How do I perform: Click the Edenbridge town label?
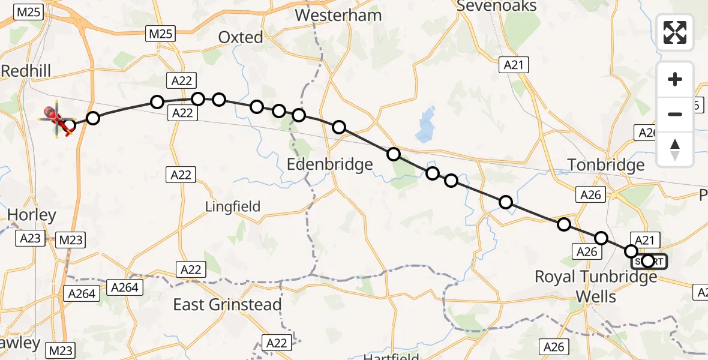click(x=330, y=164)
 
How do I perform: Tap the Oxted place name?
click(x=241, y=37)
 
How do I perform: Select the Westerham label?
click(x=338, y=15)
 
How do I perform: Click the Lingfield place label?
click(x=233, y=207)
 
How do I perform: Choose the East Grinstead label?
click(x=227, y=305)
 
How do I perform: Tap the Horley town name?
click(x=31, y=215)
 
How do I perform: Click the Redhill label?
click(x=26, y=71)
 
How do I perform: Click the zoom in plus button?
click(x=675, y=80)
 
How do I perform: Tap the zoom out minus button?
click(x=675, y=114)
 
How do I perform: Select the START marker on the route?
click(x=649, y=261)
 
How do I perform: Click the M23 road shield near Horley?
click(x=70, y=241)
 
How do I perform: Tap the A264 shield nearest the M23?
click(x=82, y=293)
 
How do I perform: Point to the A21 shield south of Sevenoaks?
click(x=514, y=65)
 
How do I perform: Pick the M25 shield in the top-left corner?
click(x=28, y=11)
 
